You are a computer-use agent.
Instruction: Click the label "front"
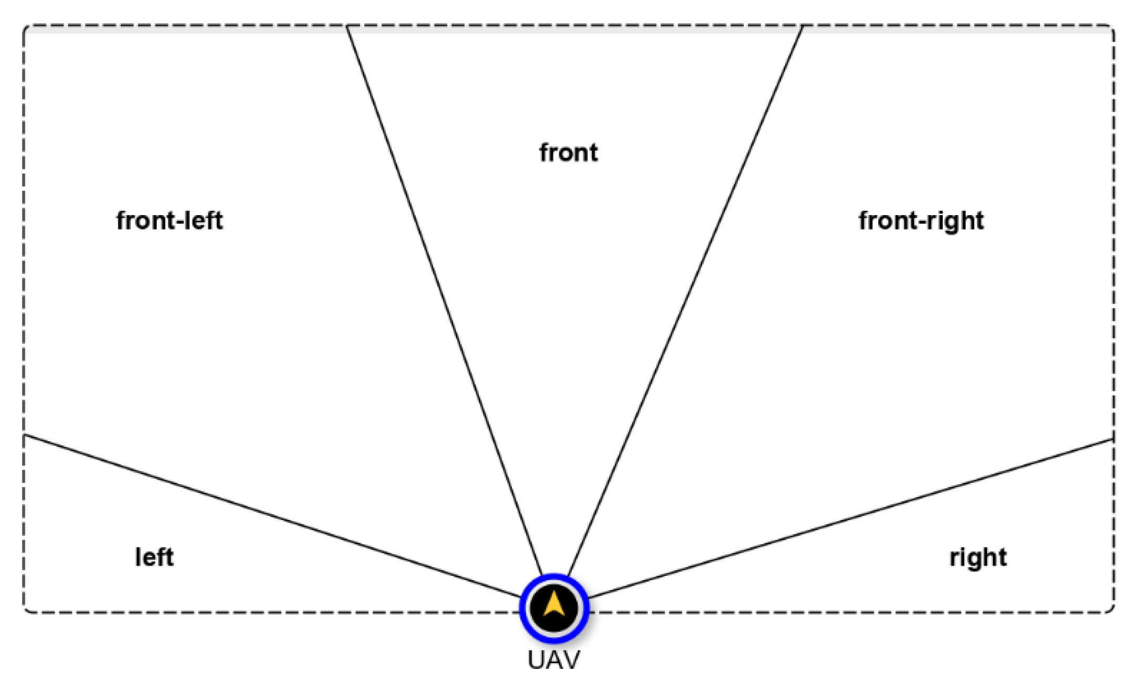pyautogui.click(x=568, y=153)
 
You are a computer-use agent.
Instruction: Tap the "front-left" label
pyautogui.click(x=169, y=220)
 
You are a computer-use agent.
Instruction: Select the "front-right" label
pyautogui.click(x=921, y=220)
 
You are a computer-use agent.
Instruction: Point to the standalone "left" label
pyautogui.click(x=154, y=557)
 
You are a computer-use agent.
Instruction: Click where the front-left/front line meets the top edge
pyautogui.click(x=347, y=26)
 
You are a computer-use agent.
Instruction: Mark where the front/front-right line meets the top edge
pyautogui.click(x=802, y=26)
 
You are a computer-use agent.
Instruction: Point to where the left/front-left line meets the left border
pyautogui.click(x=24, y=435)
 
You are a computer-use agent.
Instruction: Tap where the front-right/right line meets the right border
pyautogui.click(x=1113, y=439)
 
